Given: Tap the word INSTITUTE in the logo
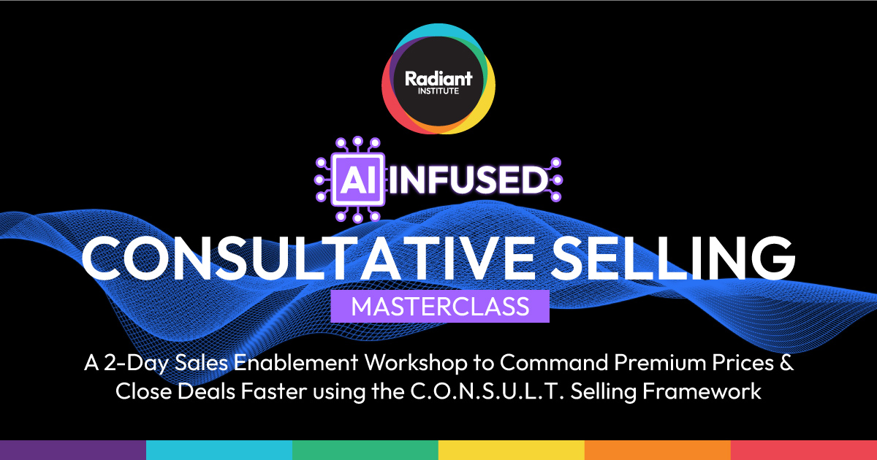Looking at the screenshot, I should [x=438, y=92].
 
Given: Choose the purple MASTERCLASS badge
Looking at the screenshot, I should [x=439, y=306].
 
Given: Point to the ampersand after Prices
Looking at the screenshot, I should [x=785, y=363].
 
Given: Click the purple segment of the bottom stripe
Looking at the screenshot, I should [x=73, y=450].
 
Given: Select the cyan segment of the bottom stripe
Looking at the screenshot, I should [x=219, y=450].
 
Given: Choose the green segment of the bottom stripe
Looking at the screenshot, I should [x=365, y=450].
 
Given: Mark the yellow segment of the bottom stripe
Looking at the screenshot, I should [x=512, y=450].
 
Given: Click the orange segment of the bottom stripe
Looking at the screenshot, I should [x=658, y=450].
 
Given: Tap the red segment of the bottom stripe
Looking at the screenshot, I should [x=804, y=450].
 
